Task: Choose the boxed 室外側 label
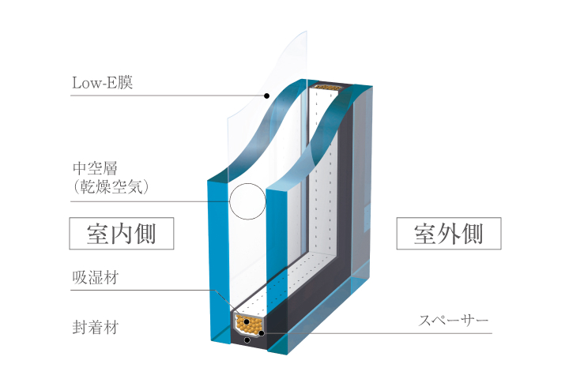(x=448, y=234)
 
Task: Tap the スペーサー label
(x=454, y=321)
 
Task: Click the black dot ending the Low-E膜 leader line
(x=266, y=96)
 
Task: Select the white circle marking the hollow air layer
(x=248, y=201)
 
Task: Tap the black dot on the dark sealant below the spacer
(x=247, y=340)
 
